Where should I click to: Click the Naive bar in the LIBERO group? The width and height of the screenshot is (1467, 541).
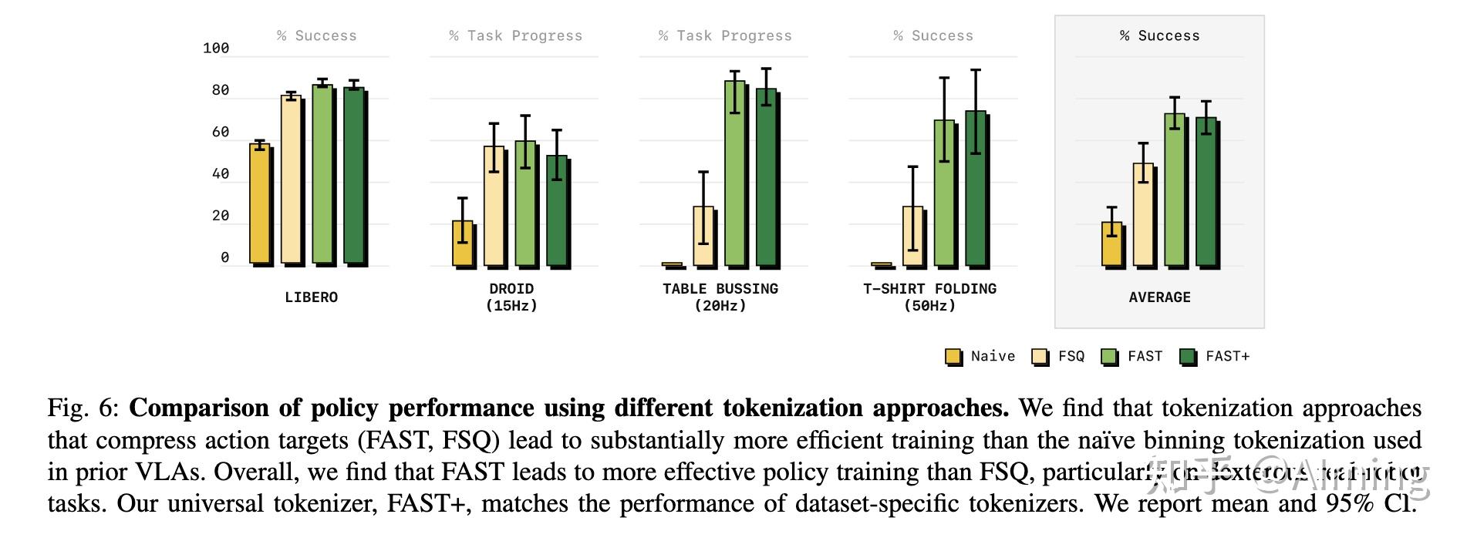pos(260,204)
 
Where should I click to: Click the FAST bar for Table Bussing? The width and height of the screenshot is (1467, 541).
pos(734,173)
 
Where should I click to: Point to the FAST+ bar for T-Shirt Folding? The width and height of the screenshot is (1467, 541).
pos(976,189)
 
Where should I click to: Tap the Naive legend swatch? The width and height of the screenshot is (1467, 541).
pos(953,357)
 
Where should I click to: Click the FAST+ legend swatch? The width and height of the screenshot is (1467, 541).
pos(1189,357)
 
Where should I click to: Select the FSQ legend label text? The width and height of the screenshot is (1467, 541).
pos(1071,356)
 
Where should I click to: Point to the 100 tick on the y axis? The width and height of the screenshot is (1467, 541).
pos(216,49)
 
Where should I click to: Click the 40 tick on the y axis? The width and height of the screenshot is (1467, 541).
pos(221,174)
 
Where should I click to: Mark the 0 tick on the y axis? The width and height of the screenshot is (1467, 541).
pos(225,257)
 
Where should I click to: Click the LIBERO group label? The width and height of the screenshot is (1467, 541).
pos(311,297)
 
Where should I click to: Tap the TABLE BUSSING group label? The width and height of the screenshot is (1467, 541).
pos(720,289)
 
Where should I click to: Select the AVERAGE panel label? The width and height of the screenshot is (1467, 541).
pos(1159,297)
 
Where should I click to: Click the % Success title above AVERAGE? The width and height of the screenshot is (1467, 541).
pos(1159,36)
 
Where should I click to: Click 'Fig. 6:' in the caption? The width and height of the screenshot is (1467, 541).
pos(83,408)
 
